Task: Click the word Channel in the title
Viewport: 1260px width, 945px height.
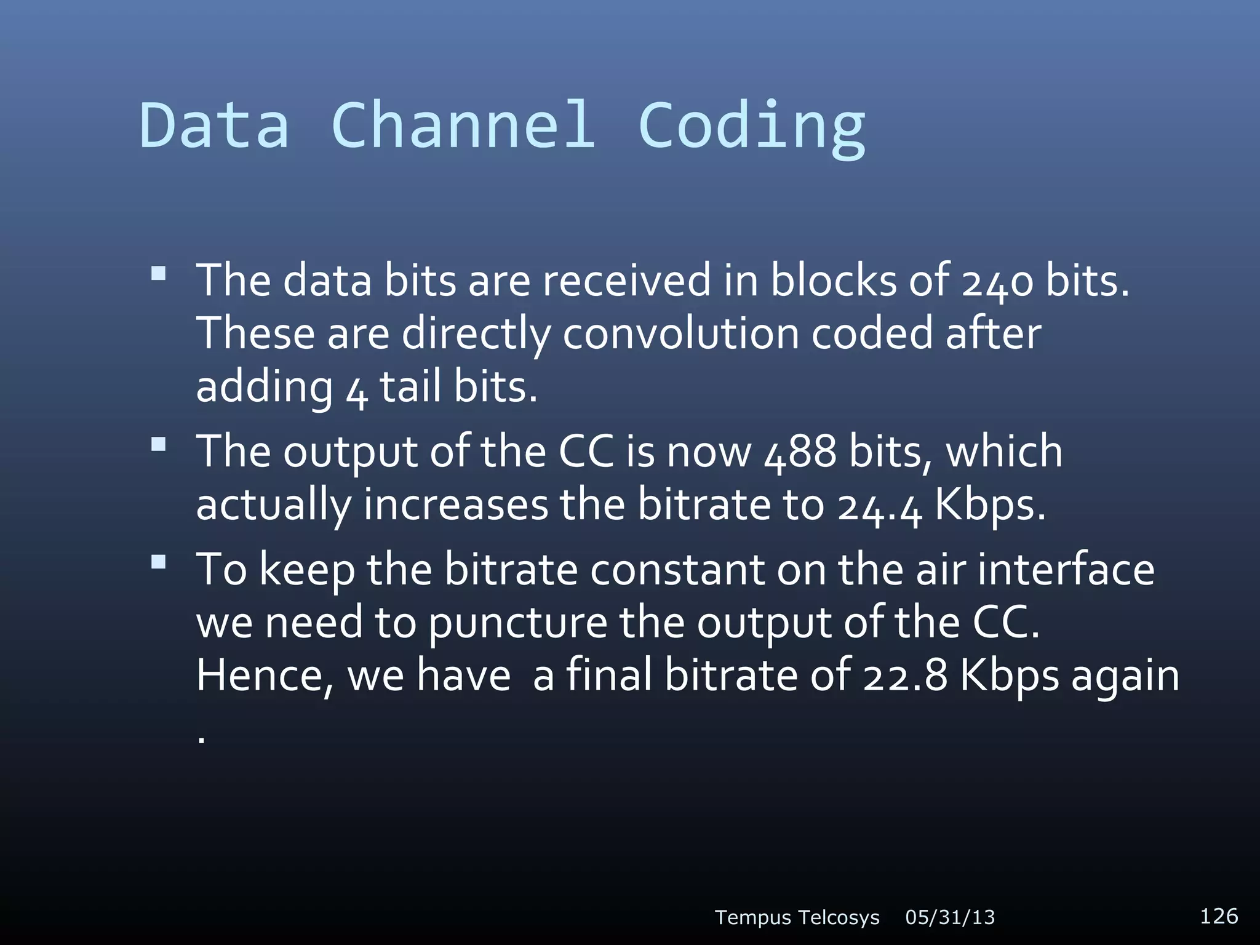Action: [x=463, y=126]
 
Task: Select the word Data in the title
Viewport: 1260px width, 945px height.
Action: [x=214, y=126]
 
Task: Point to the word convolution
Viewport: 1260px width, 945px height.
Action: [x=680, y=334]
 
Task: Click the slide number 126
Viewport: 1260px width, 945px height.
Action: [x=1219, y=916]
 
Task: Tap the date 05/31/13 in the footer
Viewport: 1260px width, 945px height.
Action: [x=950, y=917]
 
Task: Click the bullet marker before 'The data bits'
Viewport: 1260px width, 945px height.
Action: [x=159, y=273]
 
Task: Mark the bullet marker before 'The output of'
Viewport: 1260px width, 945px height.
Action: [x=159, y=444]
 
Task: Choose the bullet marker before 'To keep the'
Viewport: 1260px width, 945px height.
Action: [x=159, y=562]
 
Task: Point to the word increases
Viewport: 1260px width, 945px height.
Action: [x=455, y=505]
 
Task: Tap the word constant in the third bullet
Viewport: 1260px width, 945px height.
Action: [x=677, y=570]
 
